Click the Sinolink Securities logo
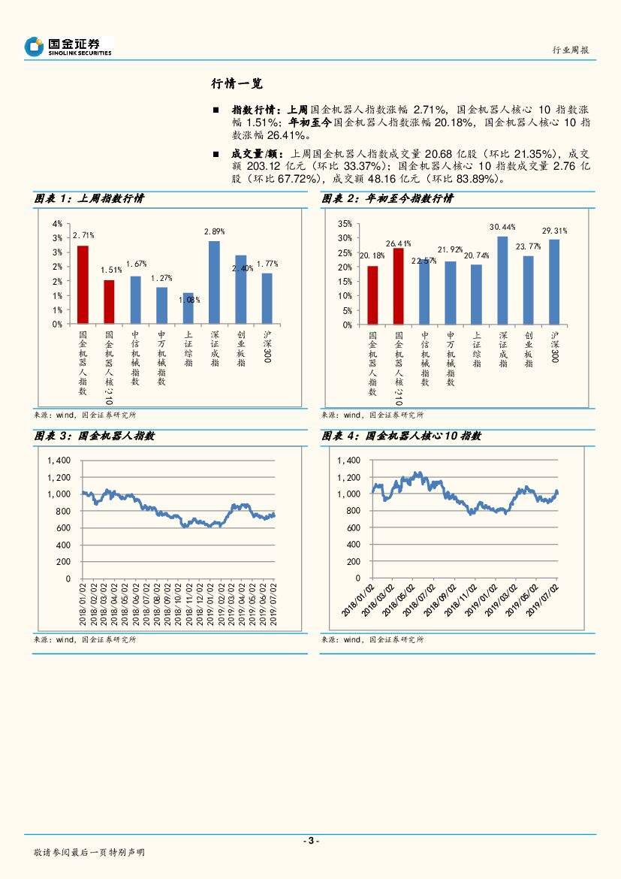(x=68, y=47)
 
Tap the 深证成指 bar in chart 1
(x=214, y=282)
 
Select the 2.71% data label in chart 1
(x=83, y=236)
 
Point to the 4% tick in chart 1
(x=57, y=224)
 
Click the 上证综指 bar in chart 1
(x=188, y=308)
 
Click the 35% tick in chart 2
(x=345, y=224)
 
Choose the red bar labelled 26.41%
(x=398, y=286)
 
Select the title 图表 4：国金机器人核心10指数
(x=401, y=436)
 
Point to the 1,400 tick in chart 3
(x=58, y=461)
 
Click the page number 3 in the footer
(x=310, y=841)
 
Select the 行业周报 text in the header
(x=571, y=50)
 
